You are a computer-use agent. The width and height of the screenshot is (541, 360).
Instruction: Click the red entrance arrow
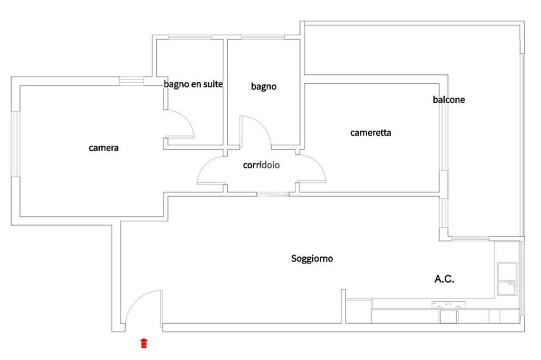tap(144, 344)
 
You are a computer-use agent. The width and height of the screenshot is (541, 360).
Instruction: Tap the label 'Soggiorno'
tap(312, 259)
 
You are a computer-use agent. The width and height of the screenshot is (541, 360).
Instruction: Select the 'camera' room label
tap(104, 148)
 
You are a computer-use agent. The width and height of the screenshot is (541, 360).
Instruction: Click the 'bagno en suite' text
tap(193, 84)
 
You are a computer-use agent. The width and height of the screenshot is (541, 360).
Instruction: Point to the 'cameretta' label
tap(370, 133)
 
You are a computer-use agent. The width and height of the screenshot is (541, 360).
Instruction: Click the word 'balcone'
tap(449, 100)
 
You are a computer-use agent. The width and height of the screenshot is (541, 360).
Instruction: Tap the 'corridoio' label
tap(261, 165)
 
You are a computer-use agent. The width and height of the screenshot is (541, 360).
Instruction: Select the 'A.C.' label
tap(444, 279)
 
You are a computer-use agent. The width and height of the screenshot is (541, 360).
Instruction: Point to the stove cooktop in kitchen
tap(449, 305)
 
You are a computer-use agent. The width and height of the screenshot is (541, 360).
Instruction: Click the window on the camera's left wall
tap(16, 144)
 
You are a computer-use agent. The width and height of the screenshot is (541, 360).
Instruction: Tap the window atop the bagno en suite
tap(190, 37)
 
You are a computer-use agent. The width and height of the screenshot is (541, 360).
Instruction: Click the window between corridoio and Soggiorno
tap(273, 194)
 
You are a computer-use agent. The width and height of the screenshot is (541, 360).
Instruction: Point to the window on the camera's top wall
tap(132, 81)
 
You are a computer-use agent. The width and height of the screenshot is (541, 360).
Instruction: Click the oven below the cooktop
tap(448, 316)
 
